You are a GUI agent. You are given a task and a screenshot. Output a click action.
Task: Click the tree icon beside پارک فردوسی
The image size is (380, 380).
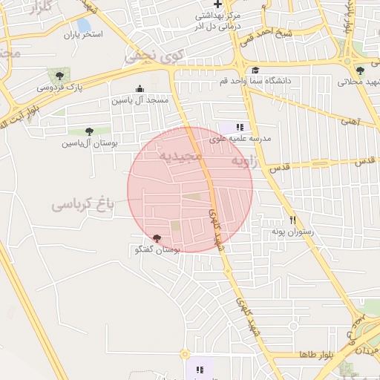pos(59,75)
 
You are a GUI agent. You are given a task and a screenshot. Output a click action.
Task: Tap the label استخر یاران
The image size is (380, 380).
pos(82,34)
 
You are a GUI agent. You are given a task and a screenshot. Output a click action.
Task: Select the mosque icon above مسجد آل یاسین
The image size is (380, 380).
pos(140,88)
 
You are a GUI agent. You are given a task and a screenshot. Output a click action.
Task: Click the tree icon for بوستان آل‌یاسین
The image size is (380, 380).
pos(89,131)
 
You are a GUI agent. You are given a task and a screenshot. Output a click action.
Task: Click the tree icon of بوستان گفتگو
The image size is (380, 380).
pos(157,238)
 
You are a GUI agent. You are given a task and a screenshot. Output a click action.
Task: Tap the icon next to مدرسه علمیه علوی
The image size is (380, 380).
pos(240,127)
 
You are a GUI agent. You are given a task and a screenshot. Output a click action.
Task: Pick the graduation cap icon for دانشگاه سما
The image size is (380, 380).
pos(255,70)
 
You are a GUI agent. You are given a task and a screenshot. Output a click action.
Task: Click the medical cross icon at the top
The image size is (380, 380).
pos(217,4)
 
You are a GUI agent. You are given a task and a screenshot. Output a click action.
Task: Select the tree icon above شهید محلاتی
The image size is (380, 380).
pos(360,71)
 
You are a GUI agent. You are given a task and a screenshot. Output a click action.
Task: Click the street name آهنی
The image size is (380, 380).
pos(348,119)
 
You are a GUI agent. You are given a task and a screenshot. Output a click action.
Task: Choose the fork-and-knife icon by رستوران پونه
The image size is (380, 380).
pos(293,220)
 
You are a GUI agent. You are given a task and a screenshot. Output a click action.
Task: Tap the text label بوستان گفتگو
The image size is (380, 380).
pos(156,251)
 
